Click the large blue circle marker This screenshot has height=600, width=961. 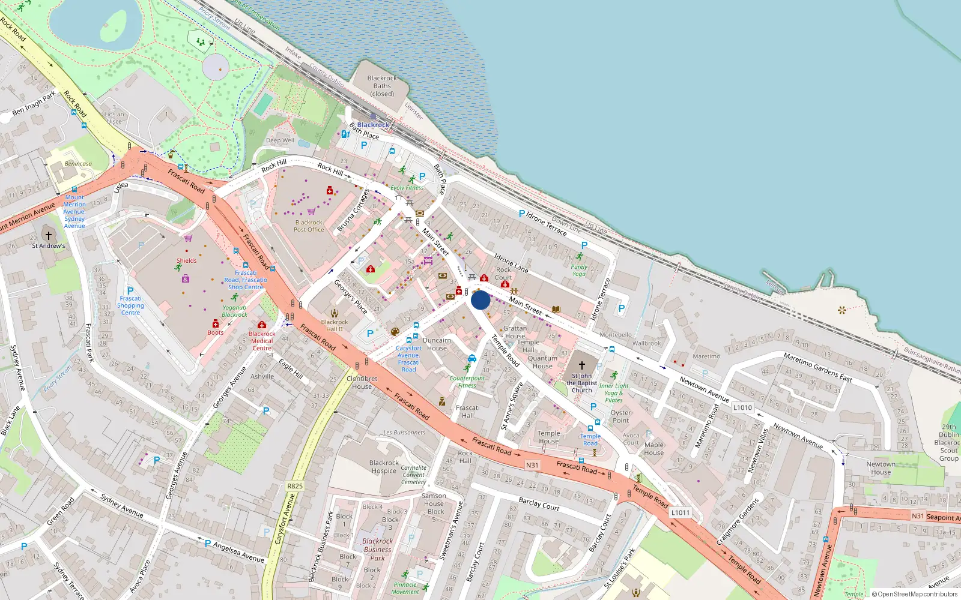[x=480, y=300]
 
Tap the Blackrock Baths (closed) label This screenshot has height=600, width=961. [x=382, y=86]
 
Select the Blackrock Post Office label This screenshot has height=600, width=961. [x=309, y=226]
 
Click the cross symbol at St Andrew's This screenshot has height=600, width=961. [x=49, y=236]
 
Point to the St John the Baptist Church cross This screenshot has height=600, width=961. [x=581, y=365]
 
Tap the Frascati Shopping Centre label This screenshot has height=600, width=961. [x=130, y=305]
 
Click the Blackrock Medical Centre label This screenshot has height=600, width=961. [x=262, y=341]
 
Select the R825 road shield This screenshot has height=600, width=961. [x=295, y=486]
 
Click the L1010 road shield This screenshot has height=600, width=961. [x=742, y=407]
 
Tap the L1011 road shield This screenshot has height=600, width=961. [x=681, y=512]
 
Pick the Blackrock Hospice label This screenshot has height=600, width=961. [x=384, y=467]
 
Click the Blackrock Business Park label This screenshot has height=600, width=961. [x=377, y=549]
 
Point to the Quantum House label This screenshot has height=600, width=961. [x=542, y=362]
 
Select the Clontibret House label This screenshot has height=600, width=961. [x=362, y=382]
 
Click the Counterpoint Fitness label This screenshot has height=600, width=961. [x=467, y=382]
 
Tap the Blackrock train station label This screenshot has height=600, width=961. [x=373, y=125]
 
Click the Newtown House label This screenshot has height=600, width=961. [x=881, y=468]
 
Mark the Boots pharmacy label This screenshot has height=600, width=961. [x=216, y=332]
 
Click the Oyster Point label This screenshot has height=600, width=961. [x=620, y=416]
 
